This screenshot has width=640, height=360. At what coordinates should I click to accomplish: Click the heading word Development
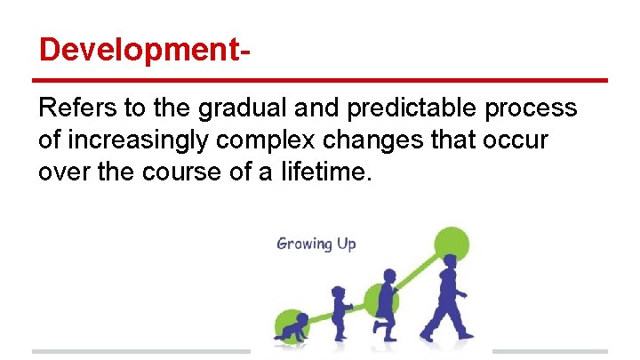point(139,50)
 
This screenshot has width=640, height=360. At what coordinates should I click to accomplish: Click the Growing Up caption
point(316,244)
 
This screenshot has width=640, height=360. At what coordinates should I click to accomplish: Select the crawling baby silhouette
point(292,329)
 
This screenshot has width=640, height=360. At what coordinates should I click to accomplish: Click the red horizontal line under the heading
point(320,80)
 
